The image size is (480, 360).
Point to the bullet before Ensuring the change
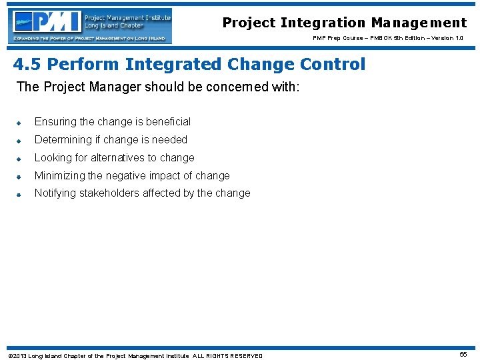pyautogui.click(x=20, y=123)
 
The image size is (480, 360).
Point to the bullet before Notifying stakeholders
pyautogui.click(x=20, y=195)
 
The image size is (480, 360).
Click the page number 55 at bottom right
pyautogui.click(x=463, y=355)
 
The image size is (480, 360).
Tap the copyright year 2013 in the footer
pyautogui.click(x=19, y=356)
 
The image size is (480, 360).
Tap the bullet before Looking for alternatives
pyautogui.click(x=20, y=159)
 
